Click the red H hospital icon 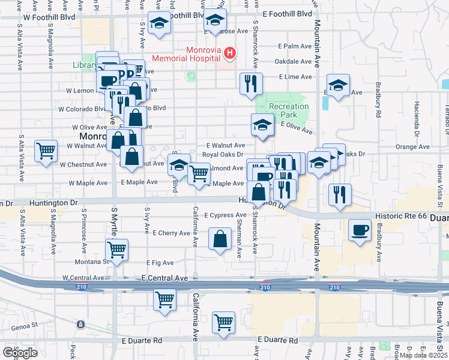click(229, 55)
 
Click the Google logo click(20, 353)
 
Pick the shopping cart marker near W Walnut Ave click(46, 151)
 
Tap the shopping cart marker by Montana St click(117, 248)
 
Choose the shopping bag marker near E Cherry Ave click(220, 238)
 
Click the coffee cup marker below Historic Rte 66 click(360, 230)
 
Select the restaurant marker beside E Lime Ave click(250, 83)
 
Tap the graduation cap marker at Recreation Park click(262, 125)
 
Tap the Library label click(85, 65)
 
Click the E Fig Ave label click(160, 263)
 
